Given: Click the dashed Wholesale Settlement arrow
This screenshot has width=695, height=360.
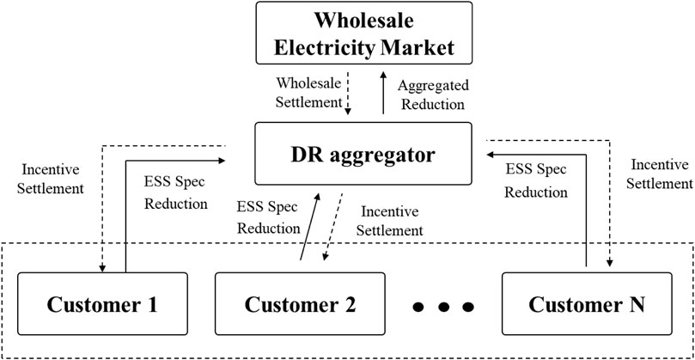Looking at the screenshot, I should click(x=348, y=95).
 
